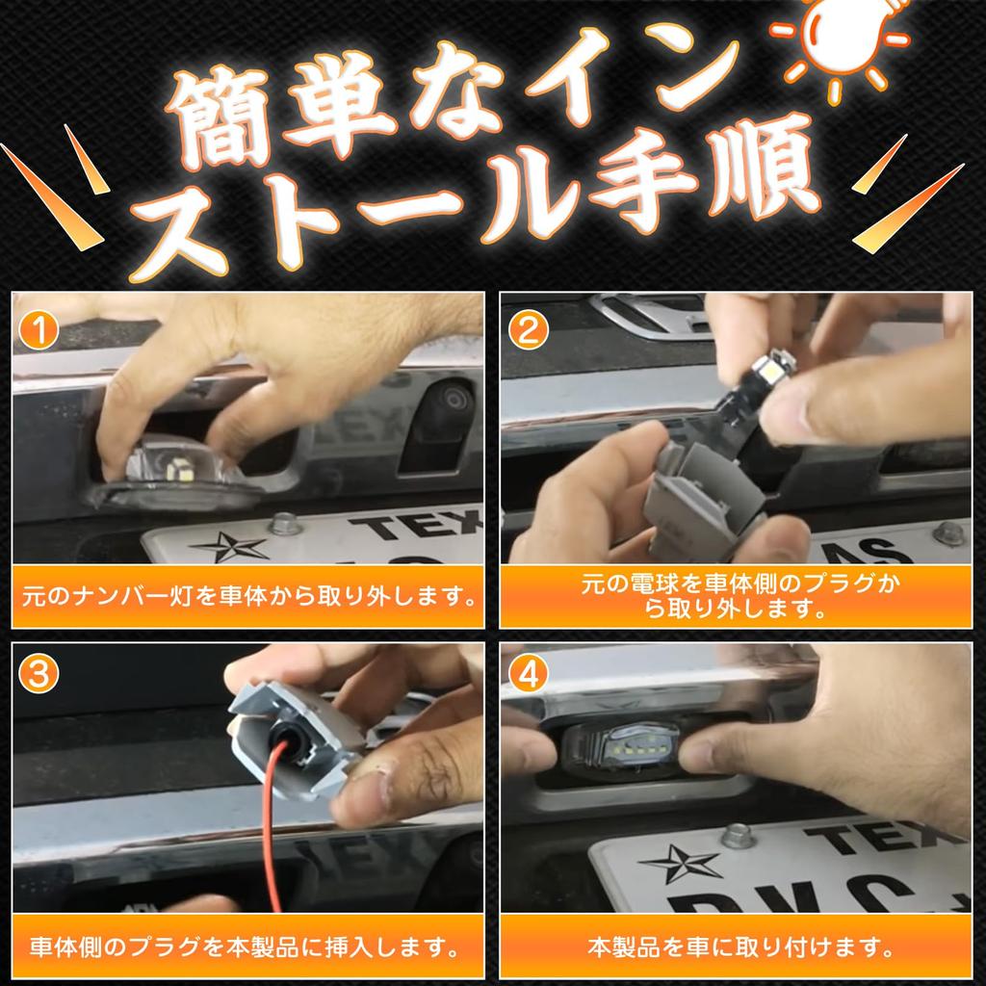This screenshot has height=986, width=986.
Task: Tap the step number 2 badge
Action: coord(527,330)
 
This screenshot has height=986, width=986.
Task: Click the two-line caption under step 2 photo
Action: coord(735,595)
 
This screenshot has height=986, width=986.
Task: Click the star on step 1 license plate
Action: coord(229,546)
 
